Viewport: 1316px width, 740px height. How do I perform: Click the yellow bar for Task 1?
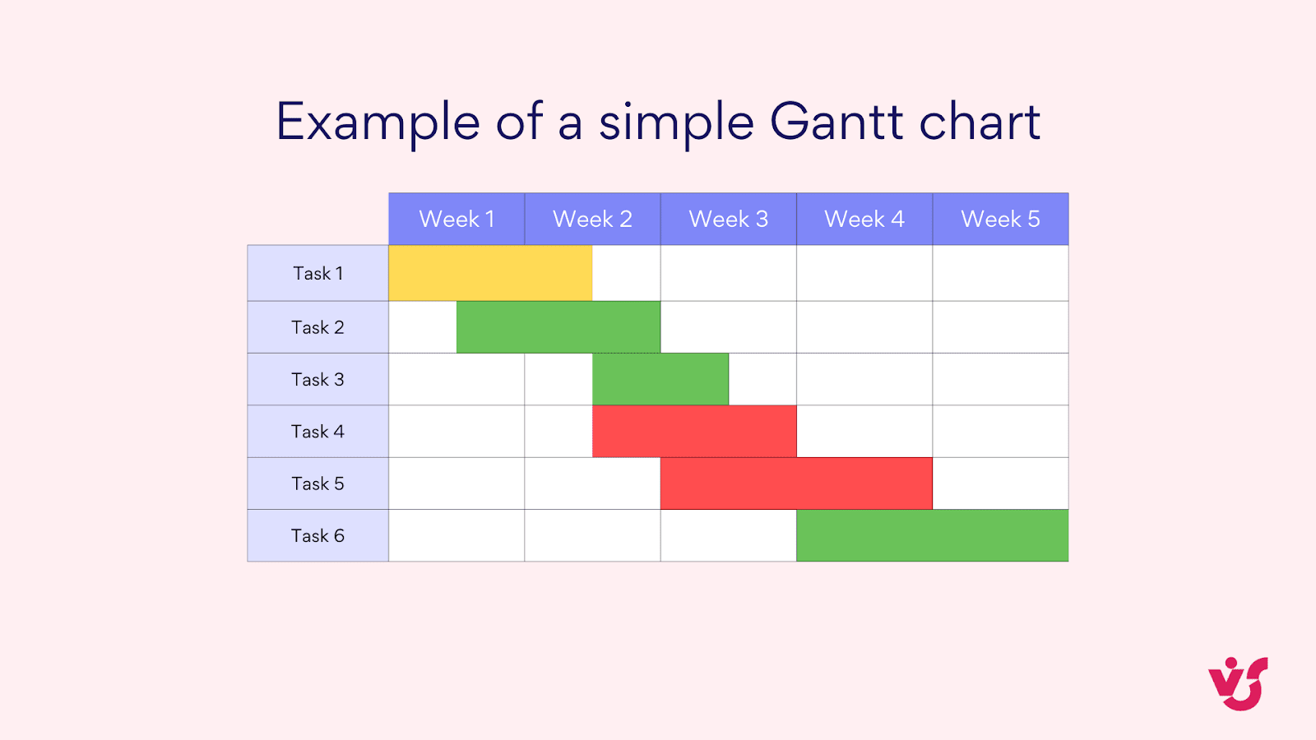[490, 273]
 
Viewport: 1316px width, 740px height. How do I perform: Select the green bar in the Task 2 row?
[558, 327]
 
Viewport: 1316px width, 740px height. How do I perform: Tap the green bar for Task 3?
[660, 379]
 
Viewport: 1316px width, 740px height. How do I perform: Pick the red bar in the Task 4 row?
[694, 431]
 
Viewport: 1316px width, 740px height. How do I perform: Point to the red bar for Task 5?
[796, 483]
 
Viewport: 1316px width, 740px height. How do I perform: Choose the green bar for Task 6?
[932, 535]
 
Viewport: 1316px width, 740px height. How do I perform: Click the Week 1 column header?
[456, 219]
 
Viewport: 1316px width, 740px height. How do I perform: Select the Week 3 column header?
[728, 219]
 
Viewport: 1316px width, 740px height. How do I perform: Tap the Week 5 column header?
[1000, 219]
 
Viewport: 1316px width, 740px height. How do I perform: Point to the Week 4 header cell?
[864, 219]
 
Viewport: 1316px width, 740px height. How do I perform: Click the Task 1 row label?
[318, 273]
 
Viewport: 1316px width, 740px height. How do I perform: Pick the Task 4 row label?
[318, 431]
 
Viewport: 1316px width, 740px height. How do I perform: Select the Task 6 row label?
[318, 535]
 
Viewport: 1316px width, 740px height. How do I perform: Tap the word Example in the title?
[378, 122]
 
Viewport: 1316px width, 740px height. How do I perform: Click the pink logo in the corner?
[1238, 683]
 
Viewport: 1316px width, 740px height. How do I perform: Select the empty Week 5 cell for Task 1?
[1000, 273]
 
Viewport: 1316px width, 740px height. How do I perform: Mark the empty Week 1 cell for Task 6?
[456, 535]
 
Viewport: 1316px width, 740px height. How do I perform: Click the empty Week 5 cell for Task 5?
[1000, 483]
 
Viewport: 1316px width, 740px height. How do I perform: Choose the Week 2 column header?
[592, 219]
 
